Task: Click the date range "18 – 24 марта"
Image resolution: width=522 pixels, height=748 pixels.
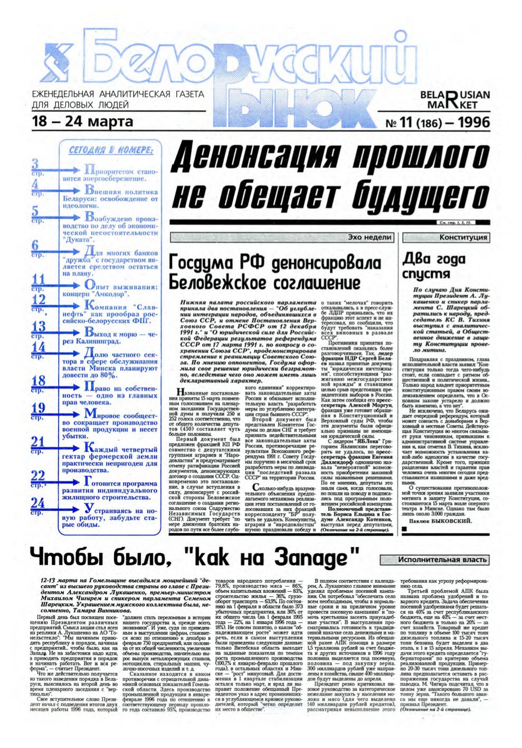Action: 82,121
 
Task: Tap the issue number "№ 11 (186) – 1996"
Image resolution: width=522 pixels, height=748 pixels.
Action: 438,123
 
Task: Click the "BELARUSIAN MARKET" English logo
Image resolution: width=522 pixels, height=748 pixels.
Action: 454,100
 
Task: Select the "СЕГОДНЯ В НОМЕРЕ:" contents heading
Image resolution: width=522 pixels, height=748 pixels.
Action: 111,151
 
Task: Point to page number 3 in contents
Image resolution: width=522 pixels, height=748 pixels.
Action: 35,163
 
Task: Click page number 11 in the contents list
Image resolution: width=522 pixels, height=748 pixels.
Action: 38,280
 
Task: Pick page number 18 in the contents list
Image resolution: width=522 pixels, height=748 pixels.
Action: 38,381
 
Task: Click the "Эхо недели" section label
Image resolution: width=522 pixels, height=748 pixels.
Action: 369,238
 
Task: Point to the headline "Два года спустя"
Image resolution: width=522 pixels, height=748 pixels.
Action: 434,266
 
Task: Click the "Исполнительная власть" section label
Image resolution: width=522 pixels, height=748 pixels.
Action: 434,559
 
